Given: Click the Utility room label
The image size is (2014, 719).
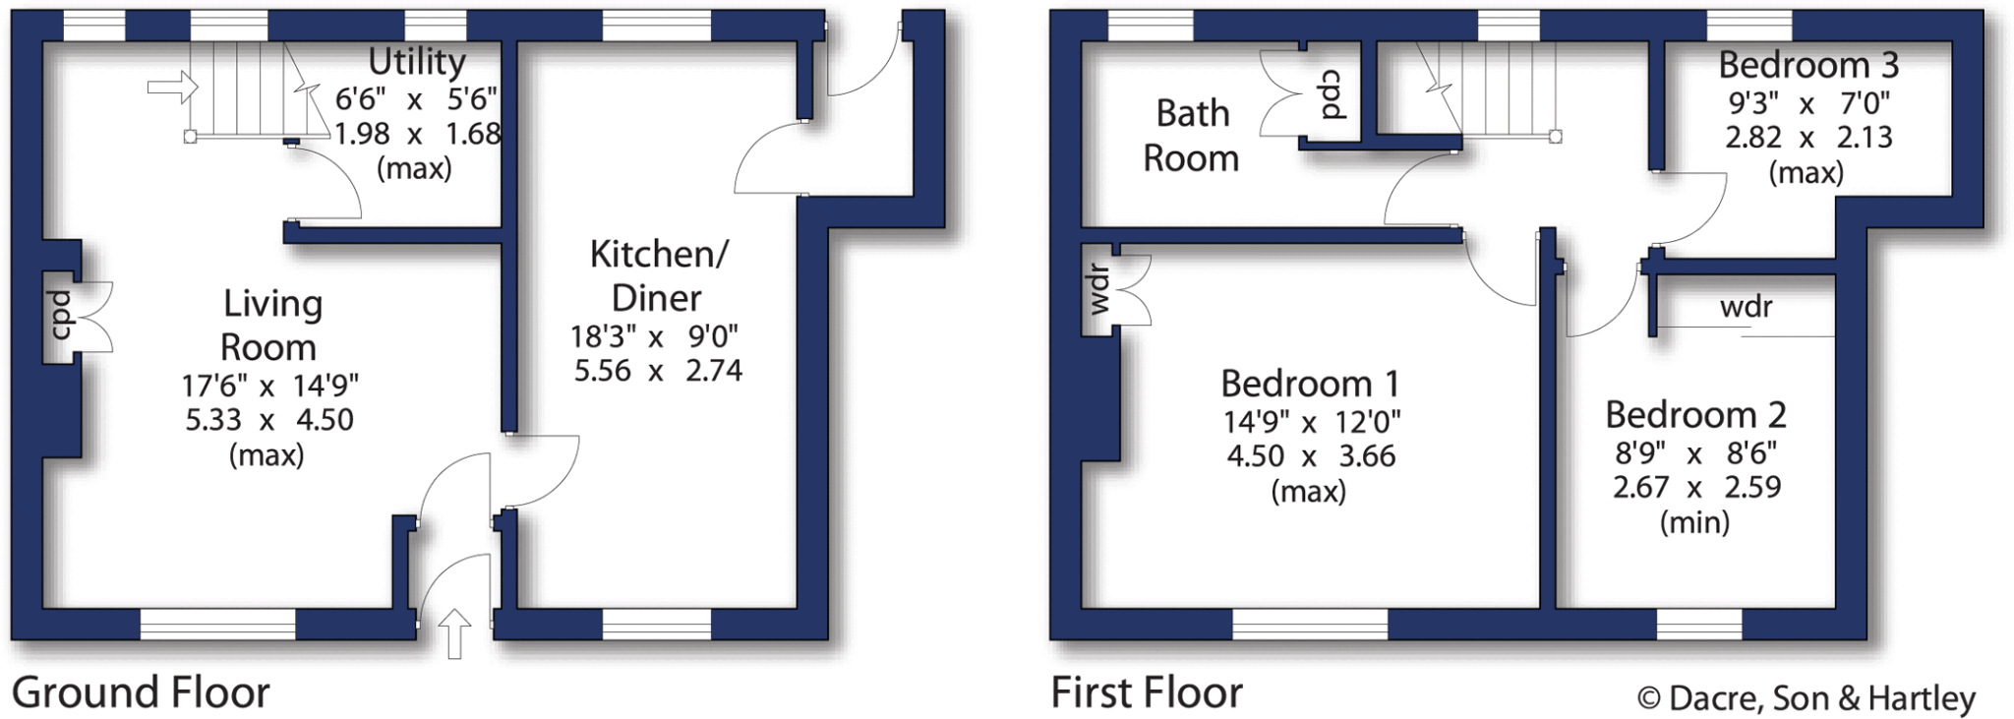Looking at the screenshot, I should pos(417,62).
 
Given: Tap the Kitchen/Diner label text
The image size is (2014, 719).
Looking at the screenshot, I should pos(658,275).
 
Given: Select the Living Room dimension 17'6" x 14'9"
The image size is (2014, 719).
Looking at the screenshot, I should pos(270,385).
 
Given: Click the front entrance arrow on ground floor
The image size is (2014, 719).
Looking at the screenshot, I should pos(453,632).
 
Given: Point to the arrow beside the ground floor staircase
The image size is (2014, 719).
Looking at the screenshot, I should pos(172,89).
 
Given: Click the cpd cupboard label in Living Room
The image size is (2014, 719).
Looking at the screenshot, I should pos(61,315).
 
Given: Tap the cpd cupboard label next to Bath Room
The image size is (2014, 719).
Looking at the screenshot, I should pos(1332,94).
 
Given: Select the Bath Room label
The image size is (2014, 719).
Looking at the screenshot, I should pos(1192,136).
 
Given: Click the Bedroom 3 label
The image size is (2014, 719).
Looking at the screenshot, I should pos(1807,65).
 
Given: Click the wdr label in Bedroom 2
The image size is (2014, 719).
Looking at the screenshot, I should pos(1746,307).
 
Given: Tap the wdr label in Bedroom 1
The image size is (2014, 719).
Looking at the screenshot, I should pos(1099,290).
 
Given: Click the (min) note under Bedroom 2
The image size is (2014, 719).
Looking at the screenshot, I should pos(1694,522).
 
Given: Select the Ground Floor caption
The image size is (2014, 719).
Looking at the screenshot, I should pos(141,693).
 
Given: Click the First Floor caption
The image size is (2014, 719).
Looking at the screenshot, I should pos(1147,693).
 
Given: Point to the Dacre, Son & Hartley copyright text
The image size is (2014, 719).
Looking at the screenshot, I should pos(1806,698).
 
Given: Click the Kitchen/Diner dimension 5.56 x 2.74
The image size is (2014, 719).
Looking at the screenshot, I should pos(658,371).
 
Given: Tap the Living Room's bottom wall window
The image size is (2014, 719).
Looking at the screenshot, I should pos(217,624).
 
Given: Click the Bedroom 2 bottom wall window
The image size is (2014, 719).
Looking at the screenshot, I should pos(1698,624).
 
